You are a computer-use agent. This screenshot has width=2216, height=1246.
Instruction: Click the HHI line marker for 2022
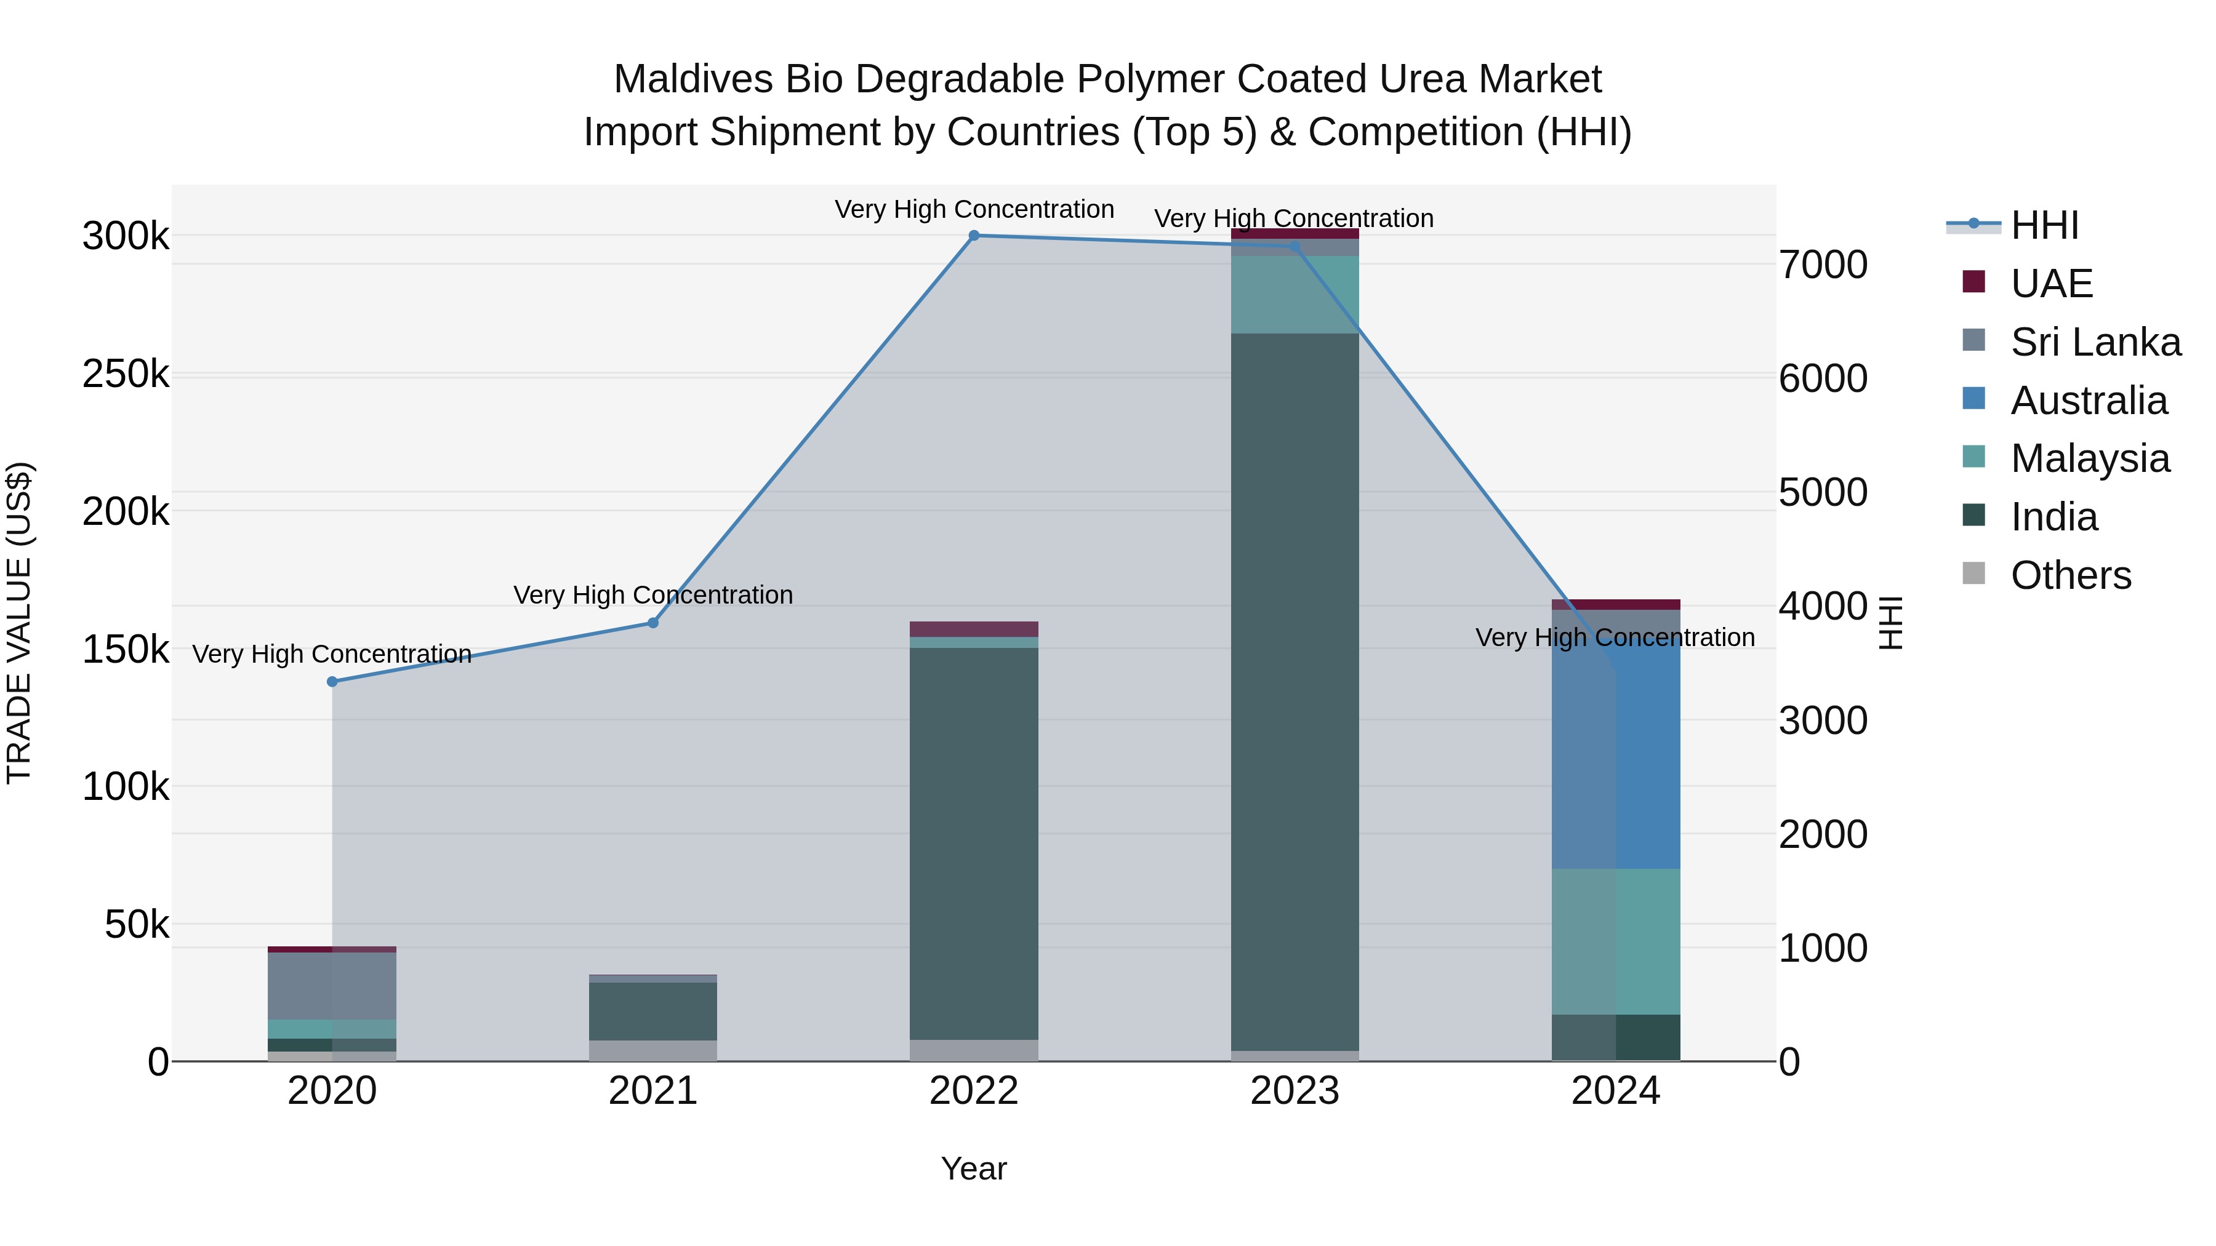(974, 236)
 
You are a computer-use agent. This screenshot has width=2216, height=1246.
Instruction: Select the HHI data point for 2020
(332, 682)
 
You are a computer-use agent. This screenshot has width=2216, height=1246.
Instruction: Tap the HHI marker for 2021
(653, 623)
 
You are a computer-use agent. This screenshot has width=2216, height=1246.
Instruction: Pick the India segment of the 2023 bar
(1295, 688)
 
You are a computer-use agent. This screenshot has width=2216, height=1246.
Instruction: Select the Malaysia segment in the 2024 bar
(1616, 941)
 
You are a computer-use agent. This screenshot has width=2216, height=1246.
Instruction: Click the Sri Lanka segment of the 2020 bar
(332, 986)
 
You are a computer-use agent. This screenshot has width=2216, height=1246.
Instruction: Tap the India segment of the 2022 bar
(974, 843)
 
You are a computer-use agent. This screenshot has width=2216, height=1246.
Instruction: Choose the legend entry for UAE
(2051, 284)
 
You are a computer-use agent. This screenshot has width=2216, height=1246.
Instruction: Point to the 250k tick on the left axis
(126, 374)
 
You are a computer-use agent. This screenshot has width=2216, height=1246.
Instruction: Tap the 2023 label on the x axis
(1295, 1091)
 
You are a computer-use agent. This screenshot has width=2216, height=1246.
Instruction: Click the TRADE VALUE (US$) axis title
(19, 623)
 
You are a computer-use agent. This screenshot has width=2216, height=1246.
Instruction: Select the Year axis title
(974, 1168)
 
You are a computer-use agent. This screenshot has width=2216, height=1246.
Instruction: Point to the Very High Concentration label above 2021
(653, 595)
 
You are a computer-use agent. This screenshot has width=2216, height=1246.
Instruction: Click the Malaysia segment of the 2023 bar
(1295, 294)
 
